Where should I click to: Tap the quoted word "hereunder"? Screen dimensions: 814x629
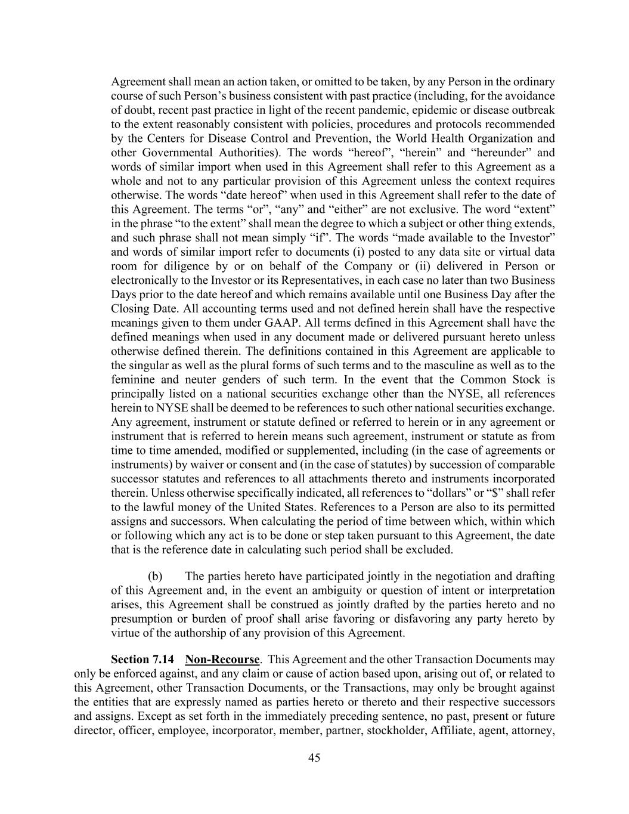[x=492, y=153]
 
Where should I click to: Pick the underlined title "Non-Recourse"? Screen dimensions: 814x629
[x=222, y=660]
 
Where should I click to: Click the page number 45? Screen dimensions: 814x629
[x=314, y=758]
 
